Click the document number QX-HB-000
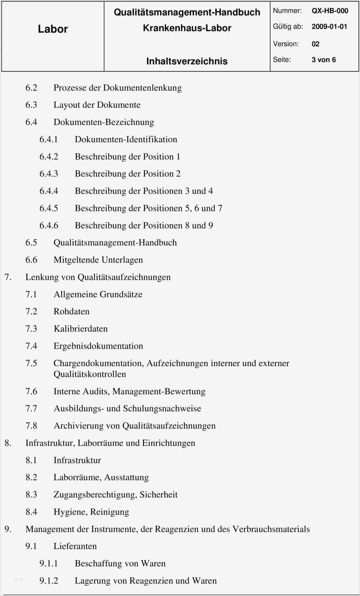[x=330, y=11]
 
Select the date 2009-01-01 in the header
[x=329, y=27]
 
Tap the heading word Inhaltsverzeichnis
[x=187, y=61]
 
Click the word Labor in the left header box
[x=53, y=29]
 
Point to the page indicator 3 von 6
[x=324, y=60]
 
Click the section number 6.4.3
[x=49, y=174]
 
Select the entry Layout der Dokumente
[x=97, y=105]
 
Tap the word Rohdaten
[x=71, y=312]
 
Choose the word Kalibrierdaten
[x=80, y=329]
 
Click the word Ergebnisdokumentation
[x=98, y=346]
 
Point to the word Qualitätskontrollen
[x=90, y=374]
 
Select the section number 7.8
[x=31, y=426]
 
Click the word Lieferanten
[x=75, y=546]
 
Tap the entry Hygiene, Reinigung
[x=91, y=512]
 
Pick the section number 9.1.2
[x=49, y=581]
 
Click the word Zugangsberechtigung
[x=95, y=495]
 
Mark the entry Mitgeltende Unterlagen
[x=98, y=260]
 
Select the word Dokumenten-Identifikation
[x=126, y=139]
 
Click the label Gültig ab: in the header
[x=288, y=27]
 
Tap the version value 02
[x=315, y=44]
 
